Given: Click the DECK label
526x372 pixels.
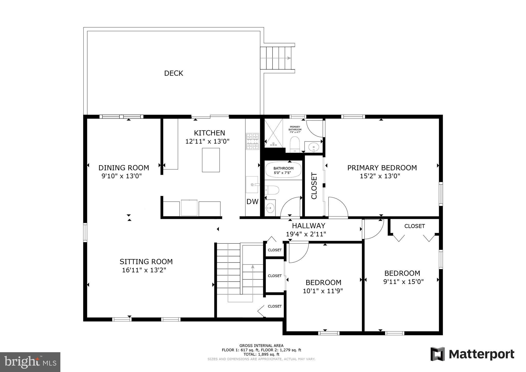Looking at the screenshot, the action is tap(174, 73).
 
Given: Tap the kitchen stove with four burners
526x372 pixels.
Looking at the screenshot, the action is tap(252, 141).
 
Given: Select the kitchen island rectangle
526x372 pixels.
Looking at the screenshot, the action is tap(211, 160).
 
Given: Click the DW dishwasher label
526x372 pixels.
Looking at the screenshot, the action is tap(252, 202).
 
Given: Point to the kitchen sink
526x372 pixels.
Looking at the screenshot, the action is tap(252, 184).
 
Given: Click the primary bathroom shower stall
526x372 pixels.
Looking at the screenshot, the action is tap(274, 133).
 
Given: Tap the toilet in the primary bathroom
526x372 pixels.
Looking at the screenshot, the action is tap(295, 144).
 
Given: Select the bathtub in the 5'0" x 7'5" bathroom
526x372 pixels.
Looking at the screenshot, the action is tap(283, 170).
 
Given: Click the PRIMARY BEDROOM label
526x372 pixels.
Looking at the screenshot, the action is tap(382, 168).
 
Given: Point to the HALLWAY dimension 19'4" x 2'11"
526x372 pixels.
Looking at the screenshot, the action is tap(306, 234).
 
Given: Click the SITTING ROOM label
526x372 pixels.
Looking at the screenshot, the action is tap(146, 262).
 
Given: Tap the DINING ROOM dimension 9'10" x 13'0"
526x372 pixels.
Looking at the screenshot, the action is tap(122, 176).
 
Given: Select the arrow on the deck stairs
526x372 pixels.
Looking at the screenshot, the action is tap(276, 58).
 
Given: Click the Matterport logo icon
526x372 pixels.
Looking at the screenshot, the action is tap(438, 354).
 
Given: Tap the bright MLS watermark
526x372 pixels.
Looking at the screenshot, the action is tap(30, 362).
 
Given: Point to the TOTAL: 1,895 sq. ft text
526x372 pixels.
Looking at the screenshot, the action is tap(261, 354).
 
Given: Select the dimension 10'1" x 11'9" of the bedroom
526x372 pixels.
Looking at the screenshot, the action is tap(323, 291).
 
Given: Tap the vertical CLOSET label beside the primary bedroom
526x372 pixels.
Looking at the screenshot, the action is tap(314, 186).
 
